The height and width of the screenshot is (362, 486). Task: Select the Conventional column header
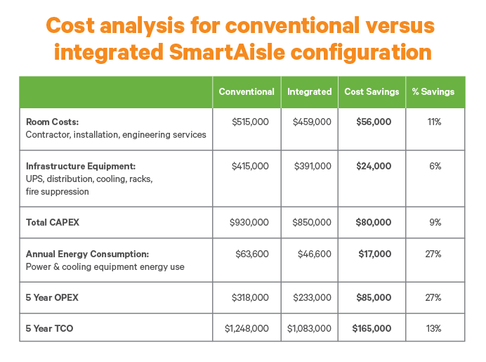247,92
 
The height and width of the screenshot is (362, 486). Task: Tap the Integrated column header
309,92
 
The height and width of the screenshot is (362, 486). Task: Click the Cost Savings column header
372,92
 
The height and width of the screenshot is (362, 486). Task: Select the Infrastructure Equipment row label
80,167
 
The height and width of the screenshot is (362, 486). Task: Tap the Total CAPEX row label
53,223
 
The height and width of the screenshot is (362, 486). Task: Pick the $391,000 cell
312,167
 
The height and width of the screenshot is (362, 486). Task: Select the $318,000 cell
250,298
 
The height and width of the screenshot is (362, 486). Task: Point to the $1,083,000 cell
309,328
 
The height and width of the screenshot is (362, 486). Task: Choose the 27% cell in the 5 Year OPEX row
434,298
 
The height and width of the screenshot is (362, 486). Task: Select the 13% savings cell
434,328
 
